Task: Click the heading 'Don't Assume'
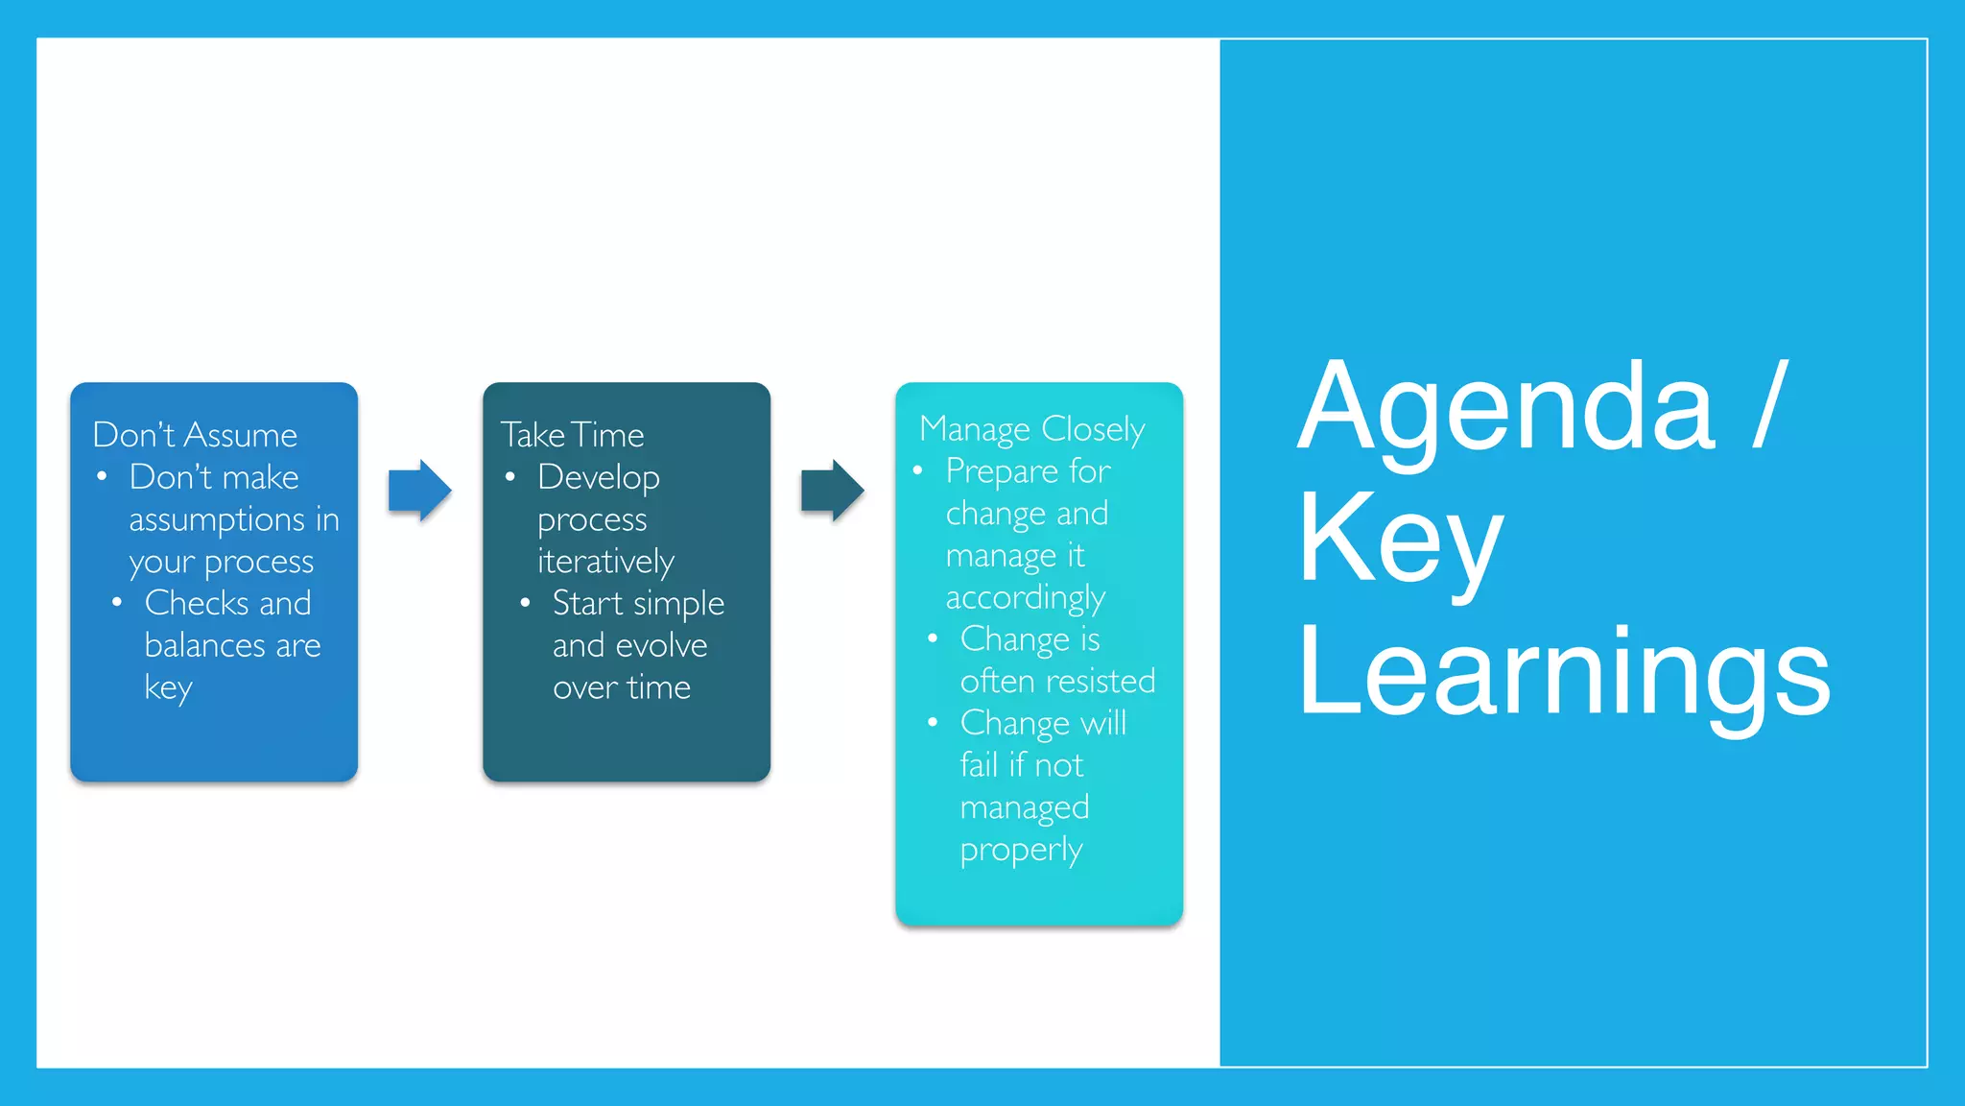(x=195, y=435)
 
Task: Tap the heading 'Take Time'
(x=572, y=435)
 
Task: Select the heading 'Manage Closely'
(x=1031, y=429)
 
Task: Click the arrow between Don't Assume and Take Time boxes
(x=419, y=491)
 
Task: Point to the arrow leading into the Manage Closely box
(x=832, y=491)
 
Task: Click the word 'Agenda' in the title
(x=1504, y=408)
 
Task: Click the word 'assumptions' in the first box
(x=217, y=520)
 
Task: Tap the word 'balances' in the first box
(x=205, y=645)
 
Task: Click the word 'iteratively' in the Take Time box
(x=605, y=562)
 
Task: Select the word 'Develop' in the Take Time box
(x=599, y=477)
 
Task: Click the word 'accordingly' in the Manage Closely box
(x=1025, y=598)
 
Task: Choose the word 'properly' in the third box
(x=1021, y=850)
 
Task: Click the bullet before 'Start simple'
(x=525, y=603)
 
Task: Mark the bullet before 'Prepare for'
(x=918, y=470)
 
